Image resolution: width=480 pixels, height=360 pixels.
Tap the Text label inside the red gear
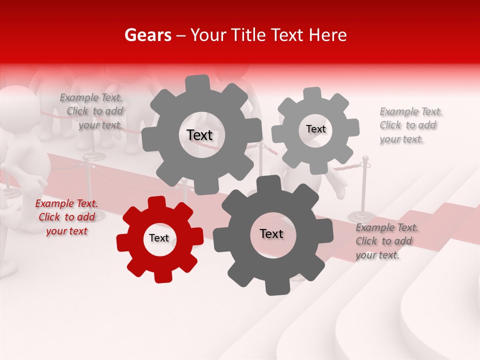tap(159, 238)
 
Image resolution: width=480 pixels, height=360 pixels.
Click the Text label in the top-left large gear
tap(199, 135)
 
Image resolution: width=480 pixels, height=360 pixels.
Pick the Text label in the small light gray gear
tap(315, 129)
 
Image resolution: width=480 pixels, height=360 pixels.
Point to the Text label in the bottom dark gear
tap(271, 233)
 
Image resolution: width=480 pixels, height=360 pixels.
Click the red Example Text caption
tap(66, 217)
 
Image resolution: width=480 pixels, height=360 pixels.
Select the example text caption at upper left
tap(91, 111)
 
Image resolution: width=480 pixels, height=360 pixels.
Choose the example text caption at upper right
tap(411, 125)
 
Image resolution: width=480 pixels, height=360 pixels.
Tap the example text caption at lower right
tap(387, 241)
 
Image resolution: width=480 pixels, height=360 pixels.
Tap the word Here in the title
tap(328, 35)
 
